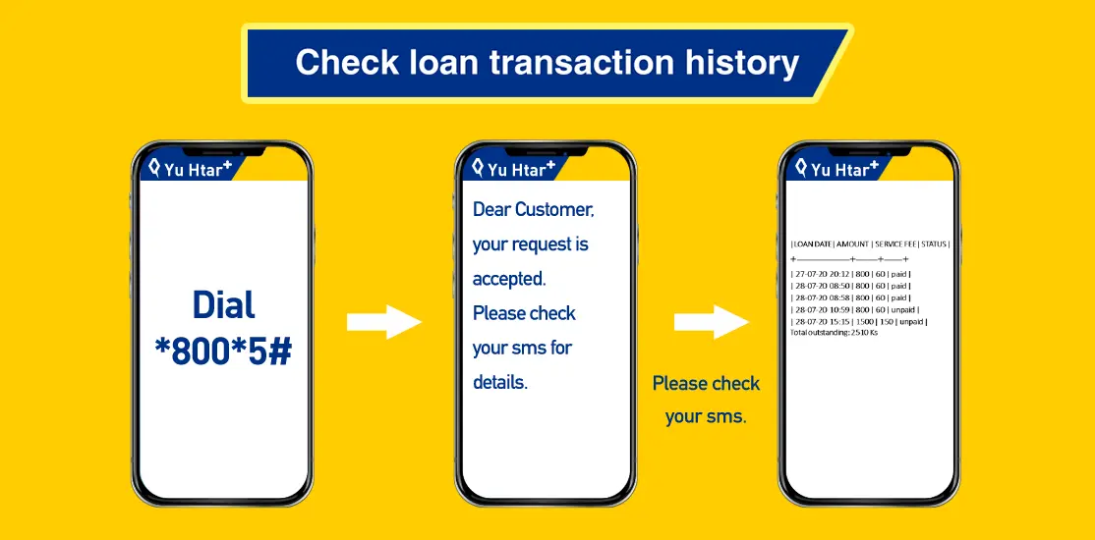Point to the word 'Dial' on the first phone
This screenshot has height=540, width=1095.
[223, 305]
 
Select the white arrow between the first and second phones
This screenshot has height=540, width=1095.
[384, 322]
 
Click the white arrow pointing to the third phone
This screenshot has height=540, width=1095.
[712, 322]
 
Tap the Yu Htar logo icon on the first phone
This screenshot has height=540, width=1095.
[155, 168]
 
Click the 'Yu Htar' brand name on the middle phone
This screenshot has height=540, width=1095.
[517, 169]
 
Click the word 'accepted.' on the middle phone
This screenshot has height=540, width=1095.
[509, 279]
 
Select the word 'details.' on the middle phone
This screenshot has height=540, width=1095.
[500, 382]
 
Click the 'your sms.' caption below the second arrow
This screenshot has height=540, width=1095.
[706, 417]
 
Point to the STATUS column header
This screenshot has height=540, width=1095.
[934, 244]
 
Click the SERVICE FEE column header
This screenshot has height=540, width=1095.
[895, 244]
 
